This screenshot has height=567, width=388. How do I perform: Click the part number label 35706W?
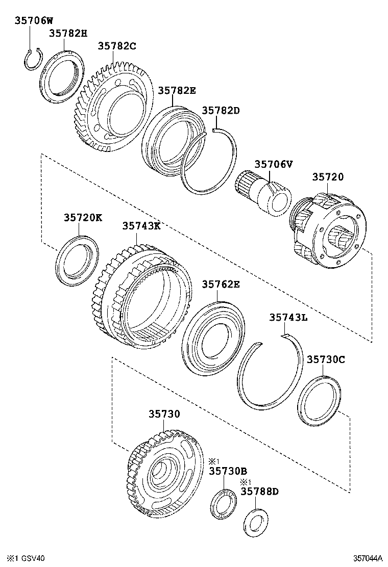(33, 21)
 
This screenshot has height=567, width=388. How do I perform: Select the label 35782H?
(68, 34)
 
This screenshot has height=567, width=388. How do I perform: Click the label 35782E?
(177, 90)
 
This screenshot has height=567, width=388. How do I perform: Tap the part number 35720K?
(83, 217)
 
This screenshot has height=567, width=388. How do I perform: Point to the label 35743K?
(141, 225)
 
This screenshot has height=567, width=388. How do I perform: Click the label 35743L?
(288, 317)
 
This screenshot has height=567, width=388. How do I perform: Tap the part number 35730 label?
(164, 414)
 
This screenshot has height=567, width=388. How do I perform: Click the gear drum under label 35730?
(161, 474)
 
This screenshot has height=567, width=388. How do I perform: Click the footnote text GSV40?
(34, 558)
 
